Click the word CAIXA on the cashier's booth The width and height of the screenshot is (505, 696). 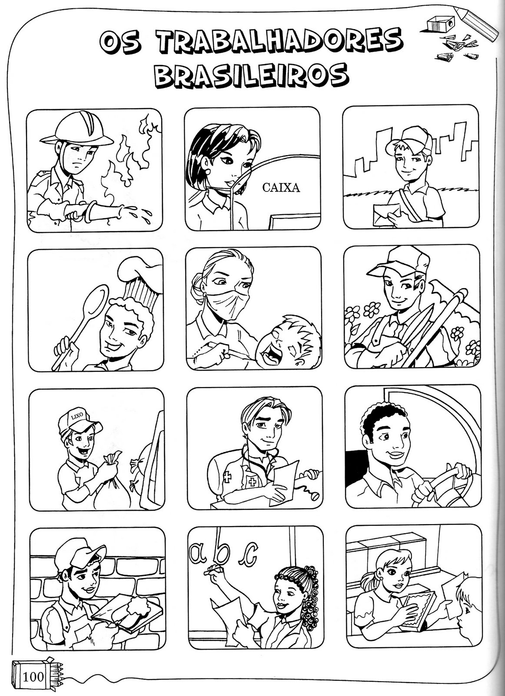(x=281, y=187)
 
